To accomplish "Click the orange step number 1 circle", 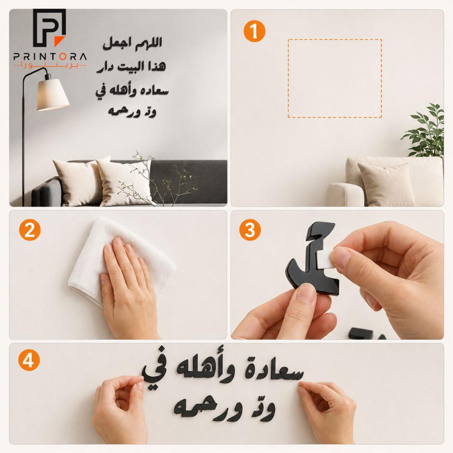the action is pos(254,31).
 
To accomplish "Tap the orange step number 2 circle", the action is pos(30,230).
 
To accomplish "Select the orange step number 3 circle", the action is pos(250,230).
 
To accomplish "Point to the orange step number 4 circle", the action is pos(29,360).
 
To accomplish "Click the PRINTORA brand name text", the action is pos(50,56).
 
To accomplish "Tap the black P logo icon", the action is pos(49,28).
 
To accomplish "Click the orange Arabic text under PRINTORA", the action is pos(50,66).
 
